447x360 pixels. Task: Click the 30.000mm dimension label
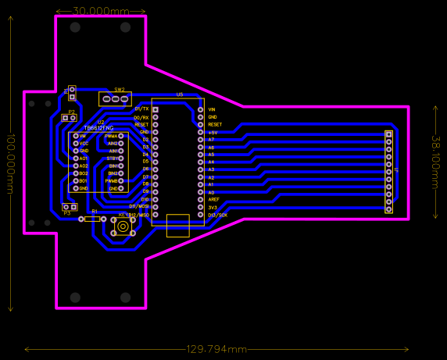click(x=101, y=12)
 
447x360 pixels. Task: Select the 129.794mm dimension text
click(x=216, y=349)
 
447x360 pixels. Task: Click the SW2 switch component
click(x=116, y=99)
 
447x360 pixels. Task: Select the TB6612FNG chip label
click(x=98, y=127)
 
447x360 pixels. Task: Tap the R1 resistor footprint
click(x=92, y=219)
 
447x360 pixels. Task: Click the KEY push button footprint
click(x=123, y=226)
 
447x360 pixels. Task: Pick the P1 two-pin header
click(x=72, y=94)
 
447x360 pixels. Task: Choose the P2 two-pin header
click(x=70, y=118)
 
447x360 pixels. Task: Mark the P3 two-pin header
click(x=70, y=207)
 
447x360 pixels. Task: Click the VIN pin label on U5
click(x=212, y=109)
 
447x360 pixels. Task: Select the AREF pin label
click(x=213, y=200)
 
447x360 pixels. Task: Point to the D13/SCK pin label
click(x=218, y=215)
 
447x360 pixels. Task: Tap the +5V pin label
click(x=213, y=132)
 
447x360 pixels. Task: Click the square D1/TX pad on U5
click(x=156, y=109)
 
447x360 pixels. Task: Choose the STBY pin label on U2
click(x=113, y=159)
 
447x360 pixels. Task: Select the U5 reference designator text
click(x=180, y=94)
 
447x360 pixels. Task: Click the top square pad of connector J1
click(x=389, y=134)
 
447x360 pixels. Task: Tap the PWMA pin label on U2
click(x=111, y=136)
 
